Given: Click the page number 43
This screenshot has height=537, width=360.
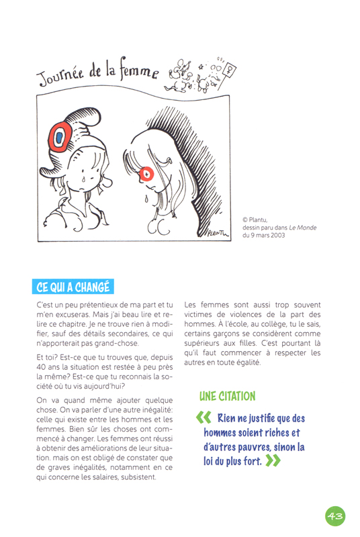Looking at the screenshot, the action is pos(334,516).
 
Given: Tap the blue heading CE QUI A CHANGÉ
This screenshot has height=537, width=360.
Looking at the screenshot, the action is pos(73,287).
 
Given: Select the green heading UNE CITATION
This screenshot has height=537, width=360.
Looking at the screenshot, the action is pos(227,396).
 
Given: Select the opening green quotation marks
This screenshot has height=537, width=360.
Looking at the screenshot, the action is pos(204,418).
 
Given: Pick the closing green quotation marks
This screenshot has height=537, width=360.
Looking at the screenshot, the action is pos(273,461).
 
